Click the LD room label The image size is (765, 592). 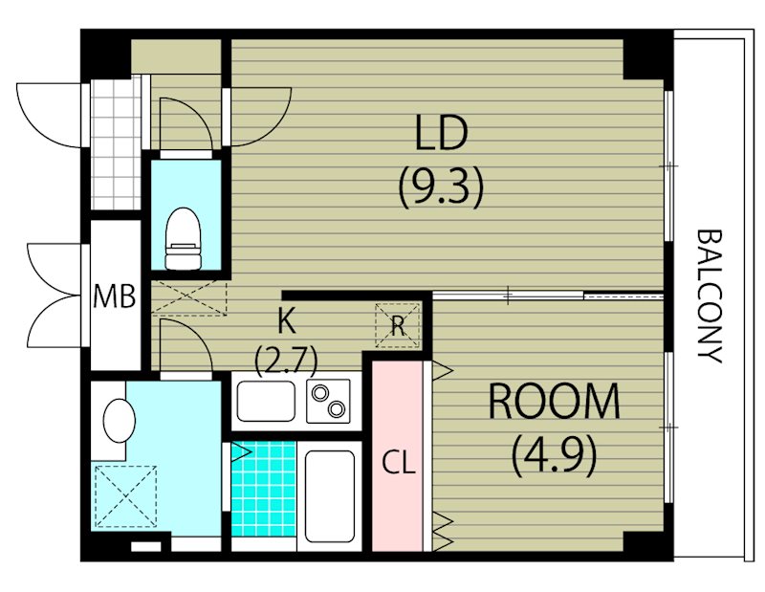442,132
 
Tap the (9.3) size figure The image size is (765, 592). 442,186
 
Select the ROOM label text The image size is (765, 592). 554,401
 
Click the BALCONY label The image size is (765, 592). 709,296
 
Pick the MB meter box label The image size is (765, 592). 115,296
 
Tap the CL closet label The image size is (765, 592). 399,463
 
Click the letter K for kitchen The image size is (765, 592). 286,321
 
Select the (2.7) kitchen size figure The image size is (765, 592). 286,359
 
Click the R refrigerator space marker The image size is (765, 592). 398,326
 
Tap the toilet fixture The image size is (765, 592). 184,238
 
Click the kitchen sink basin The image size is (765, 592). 266,401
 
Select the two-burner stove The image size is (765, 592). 328,401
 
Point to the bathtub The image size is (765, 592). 329,495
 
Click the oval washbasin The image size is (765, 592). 119,421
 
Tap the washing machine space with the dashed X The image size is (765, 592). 126,496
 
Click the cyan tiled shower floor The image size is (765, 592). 264,489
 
